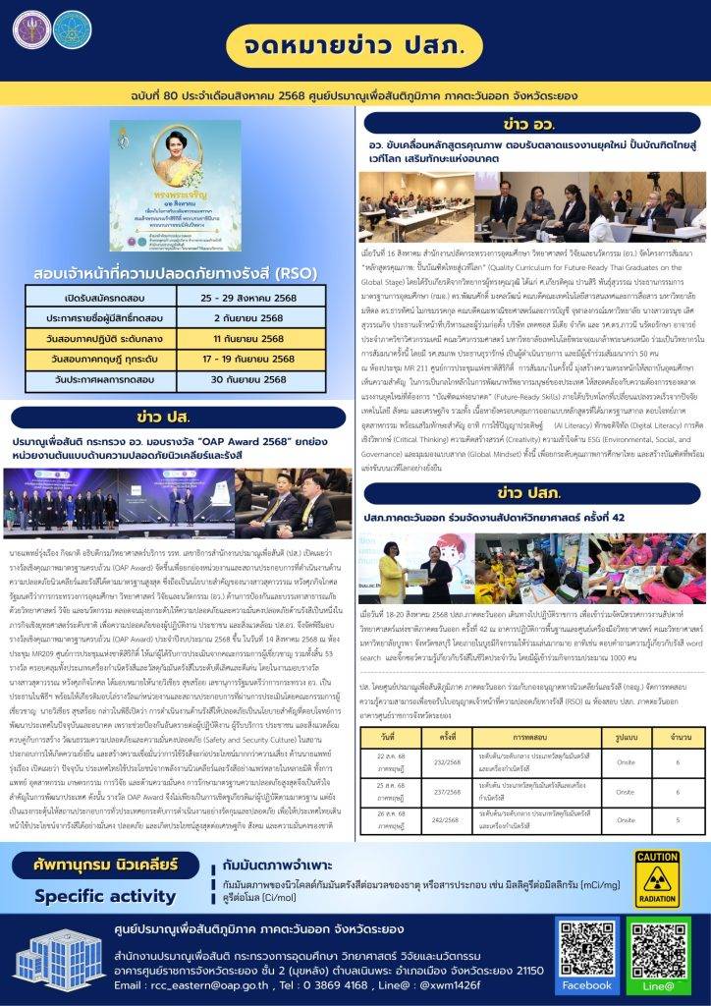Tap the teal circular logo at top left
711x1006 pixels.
pos(70,30)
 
